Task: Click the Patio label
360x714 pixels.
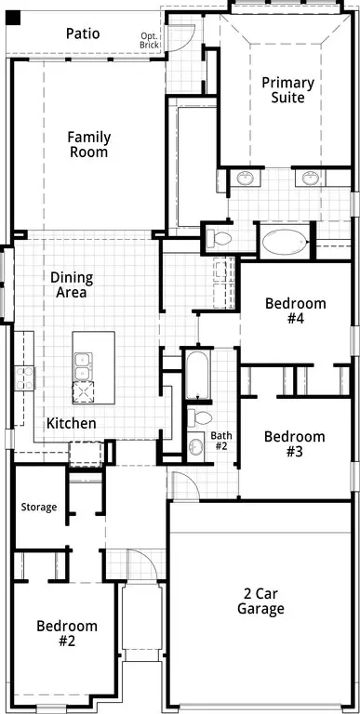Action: coord(84,33)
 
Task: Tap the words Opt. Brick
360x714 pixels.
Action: coord(149,40)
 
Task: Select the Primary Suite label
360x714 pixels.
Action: coord(287,89)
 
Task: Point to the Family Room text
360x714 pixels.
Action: coord(88,144)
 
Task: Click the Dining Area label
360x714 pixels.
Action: coord(69,284)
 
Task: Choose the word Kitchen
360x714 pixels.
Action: coord(72,423)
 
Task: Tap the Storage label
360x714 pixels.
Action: coord(39,507)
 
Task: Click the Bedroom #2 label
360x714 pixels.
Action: coord(67,633)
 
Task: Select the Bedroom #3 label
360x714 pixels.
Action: coord(295,444)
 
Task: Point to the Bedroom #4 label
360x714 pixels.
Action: coord(296,311)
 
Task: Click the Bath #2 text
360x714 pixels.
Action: coord(220,440)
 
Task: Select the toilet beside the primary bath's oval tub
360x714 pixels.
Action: coord(219,238)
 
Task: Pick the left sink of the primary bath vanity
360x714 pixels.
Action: coord(245,178)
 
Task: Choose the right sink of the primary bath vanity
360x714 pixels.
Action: coord(308,178)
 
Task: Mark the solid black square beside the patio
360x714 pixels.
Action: coord(12,17)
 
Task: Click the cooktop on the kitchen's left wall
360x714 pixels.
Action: coord(23,377)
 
